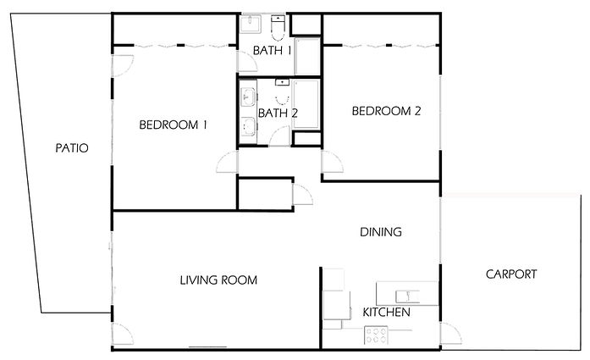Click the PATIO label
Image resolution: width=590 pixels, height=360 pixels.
[x=72, y=147]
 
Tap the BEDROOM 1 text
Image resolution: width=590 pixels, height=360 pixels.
[x=174, y=125]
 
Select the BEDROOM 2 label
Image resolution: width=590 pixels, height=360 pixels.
[x=386, y=110]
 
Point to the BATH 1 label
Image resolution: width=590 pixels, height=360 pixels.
[x=273, y=51]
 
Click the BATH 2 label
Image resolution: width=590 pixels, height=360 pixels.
[x=278, y=113]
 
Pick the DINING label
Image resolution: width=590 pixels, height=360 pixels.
[x=380, y=231]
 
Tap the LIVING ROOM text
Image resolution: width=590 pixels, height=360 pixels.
[x=218, y=280]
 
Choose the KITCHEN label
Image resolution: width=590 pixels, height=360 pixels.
[x=386, y=313]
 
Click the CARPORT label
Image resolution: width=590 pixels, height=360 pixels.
[x=510, y=274]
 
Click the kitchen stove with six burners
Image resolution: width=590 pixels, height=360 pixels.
[x=375, y=335]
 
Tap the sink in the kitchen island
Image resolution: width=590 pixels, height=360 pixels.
[x=406, y=293]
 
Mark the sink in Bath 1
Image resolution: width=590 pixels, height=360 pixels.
[x=251, y=25]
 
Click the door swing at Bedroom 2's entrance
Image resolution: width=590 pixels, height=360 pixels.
[x=332, y=163]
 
